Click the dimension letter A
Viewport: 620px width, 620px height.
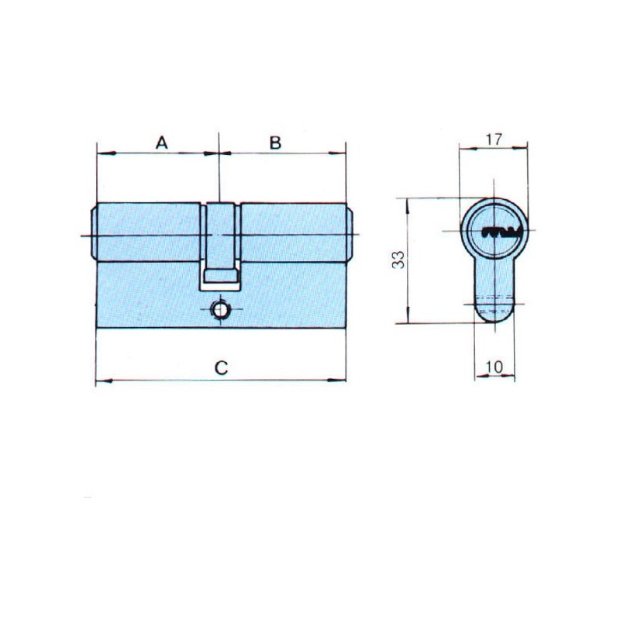pyautogui.click(x=161, y=143)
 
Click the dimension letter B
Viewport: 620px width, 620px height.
pyautogui.click(x=275, y=143)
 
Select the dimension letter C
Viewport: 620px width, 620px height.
pyautogui.click(x=221, y=367)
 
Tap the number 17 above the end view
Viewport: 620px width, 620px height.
pyautogui.click(x=494, y=139)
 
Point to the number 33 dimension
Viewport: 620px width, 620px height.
pyautogui.click(x=398, y=260)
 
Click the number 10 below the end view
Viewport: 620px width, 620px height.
pyautogui.click(x=494, y=367)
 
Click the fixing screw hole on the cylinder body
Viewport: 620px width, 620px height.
pyautogui.click(x=220, y=310)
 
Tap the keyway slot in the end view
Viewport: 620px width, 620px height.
pyautogui.click(x=500, y=232)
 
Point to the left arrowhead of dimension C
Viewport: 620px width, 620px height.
pyautogui.click(x=105, y=381)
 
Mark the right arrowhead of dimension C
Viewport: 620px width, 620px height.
pyautogui.click(x=337, y=381)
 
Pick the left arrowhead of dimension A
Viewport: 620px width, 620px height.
pyautogui.click(x=107, y=153)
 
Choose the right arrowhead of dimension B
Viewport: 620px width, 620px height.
pyautogui.click(x=337, y=153)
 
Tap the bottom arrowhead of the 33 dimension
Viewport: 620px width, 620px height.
pyautogui.click(x=408, y=315)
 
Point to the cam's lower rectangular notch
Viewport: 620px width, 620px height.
pyautogui.click(x=220, y=276)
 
